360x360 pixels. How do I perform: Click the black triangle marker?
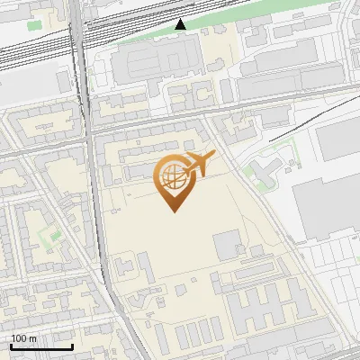[x=181, y=24]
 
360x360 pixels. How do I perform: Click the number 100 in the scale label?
[x=19, y=338]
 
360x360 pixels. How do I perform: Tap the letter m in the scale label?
[x=32, y=338]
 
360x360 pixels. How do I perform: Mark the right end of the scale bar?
[x=73, y=346]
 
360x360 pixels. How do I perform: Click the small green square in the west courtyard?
[x=49, y=236]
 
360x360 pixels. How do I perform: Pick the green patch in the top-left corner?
[x=35, y=24]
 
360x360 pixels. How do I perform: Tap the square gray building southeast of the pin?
[x=226, y=243]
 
